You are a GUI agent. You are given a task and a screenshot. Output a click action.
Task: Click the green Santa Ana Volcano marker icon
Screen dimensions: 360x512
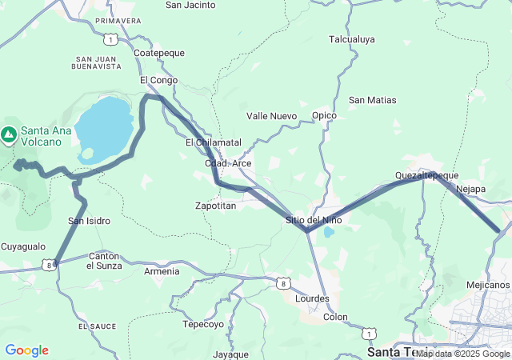[10, 134]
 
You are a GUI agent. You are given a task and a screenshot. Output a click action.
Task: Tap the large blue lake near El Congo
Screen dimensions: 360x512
[106, 126]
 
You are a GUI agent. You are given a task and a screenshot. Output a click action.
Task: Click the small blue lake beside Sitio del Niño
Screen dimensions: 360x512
[328, 234]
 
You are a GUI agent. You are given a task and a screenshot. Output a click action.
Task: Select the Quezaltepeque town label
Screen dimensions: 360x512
[426, 175]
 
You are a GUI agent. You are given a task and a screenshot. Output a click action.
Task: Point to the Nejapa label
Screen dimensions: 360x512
[470, 189]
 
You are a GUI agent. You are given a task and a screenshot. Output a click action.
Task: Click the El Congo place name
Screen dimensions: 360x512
[158, 80]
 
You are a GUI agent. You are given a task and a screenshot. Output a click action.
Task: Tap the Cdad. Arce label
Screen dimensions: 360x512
[229, 163]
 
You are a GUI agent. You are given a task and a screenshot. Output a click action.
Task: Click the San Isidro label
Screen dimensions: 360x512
[89, 220]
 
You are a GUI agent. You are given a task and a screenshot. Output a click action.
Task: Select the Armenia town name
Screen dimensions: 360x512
[162, 271]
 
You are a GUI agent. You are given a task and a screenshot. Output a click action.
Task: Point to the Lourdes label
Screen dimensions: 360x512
[312, 298]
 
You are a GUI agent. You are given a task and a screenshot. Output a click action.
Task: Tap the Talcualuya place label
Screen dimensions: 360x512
[352, 38]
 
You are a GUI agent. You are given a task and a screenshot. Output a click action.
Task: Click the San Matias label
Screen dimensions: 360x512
[373, 100]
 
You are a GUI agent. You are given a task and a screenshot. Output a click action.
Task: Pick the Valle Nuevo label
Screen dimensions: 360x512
[271, 116]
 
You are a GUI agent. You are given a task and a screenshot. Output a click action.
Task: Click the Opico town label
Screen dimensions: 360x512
[324, 115]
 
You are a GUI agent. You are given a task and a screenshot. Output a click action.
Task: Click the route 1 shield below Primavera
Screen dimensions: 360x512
[109, 38]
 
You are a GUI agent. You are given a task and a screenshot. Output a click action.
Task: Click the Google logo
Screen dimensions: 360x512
[26, 350]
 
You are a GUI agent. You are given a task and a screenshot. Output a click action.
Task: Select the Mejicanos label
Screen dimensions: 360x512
[487, 284]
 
